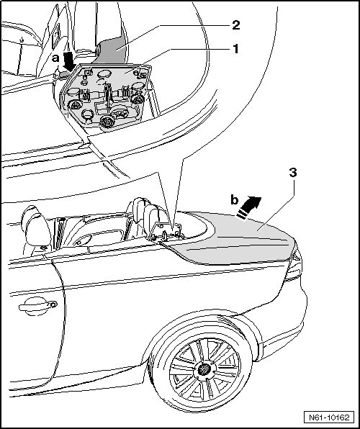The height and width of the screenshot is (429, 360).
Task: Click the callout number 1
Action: pos(235,49)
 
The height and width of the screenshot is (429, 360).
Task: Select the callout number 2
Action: pos(235,25)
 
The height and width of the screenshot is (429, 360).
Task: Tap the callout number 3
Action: pos(292,173)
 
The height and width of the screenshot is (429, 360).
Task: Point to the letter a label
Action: pos(55,58)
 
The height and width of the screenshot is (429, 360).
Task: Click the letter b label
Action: pos(234,200)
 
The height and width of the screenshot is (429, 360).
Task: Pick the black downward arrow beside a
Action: pos(68,62)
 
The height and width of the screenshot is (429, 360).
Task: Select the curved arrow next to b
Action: pos(249,207)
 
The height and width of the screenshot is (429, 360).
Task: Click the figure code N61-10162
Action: pos(329,417)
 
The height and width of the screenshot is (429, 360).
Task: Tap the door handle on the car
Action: pos(37,306)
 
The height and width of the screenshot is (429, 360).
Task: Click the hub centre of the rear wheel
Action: pos(204,369)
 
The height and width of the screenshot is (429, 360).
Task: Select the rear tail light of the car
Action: pos(294,266)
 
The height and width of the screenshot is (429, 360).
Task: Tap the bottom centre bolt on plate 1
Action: pos(107,121)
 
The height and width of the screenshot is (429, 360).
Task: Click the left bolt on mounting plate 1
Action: pos(76,105)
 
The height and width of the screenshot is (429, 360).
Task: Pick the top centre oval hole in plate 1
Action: pos(104,74)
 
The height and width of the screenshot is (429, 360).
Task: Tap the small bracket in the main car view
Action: pos(166,232)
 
